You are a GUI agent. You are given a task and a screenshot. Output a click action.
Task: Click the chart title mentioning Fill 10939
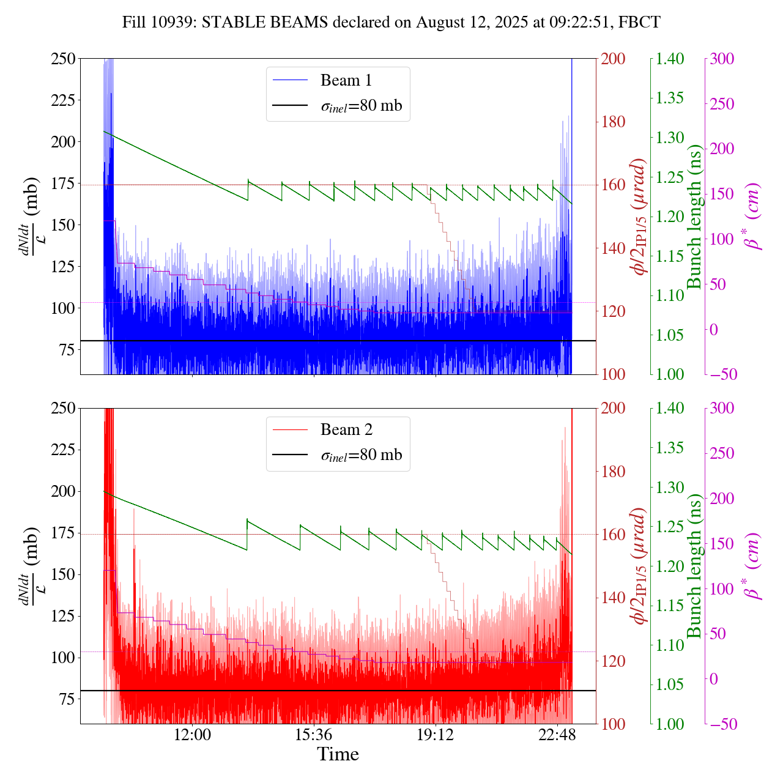point(391,23)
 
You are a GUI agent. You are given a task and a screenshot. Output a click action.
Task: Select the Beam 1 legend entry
point(346,80)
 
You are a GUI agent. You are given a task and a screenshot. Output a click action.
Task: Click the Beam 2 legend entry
point(346,430)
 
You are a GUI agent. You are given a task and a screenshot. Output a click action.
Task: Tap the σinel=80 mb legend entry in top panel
point(362,106)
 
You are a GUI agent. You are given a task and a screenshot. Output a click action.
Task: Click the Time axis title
point(338,755)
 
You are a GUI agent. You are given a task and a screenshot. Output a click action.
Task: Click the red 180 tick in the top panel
point(613,122)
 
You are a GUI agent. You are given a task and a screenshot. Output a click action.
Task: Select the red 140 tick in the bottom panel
point(613,598)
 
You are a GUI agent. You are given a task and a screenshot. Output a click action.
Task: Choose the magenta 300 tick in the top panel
point(721,59)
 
